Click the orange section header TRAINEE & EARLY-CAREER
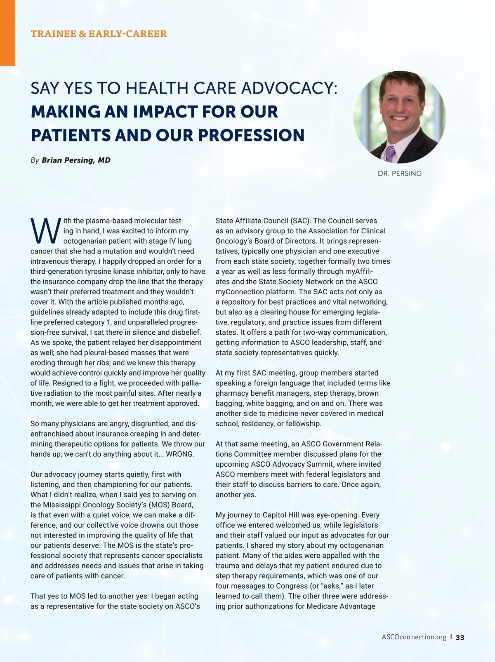[99, 34]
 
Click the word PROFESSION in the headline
[251, 135]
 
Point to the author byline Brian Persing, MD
[76, 160]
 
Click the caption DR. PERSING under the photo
[399, 174]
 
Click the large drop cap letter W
[45, 231]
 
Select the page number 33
[460, 637]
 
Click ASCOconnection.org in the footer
[414, 637]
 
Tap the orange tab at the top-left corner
[7, 33]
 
